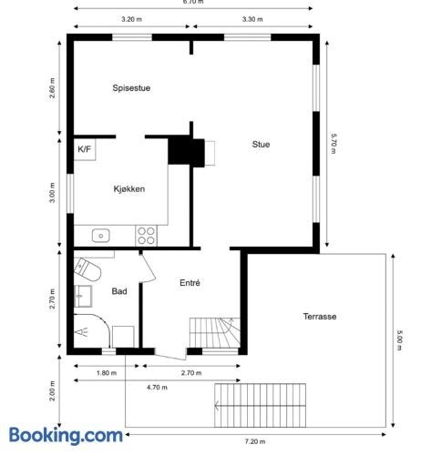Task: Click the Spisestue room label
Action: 131,88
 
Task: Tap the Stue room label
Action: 261,145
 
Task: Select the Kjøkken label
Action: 129,189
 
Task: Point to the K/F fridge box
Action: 85,149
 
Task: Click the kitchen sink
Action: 101,236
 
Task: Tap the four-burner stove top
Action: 146,236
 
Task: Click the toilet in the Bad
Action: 87,269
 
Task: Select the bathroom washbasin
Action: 83,296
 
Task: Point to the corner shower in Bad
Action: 91,331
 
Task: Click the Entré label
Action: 190,283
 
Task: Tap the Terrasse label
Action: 320,317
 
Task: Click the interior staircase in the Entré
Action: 215,332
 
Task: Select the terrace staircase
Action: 260,405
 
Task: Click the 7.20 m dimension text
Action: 255,441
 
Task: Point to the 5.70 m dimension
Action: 334,144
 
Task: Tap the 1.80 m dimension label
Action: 107,373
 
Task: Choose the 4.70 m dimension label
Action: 157,388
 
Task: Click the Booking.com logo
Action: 66,436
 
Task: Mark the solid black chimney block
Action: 186,151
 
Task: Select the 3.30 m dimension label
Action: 252,19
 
